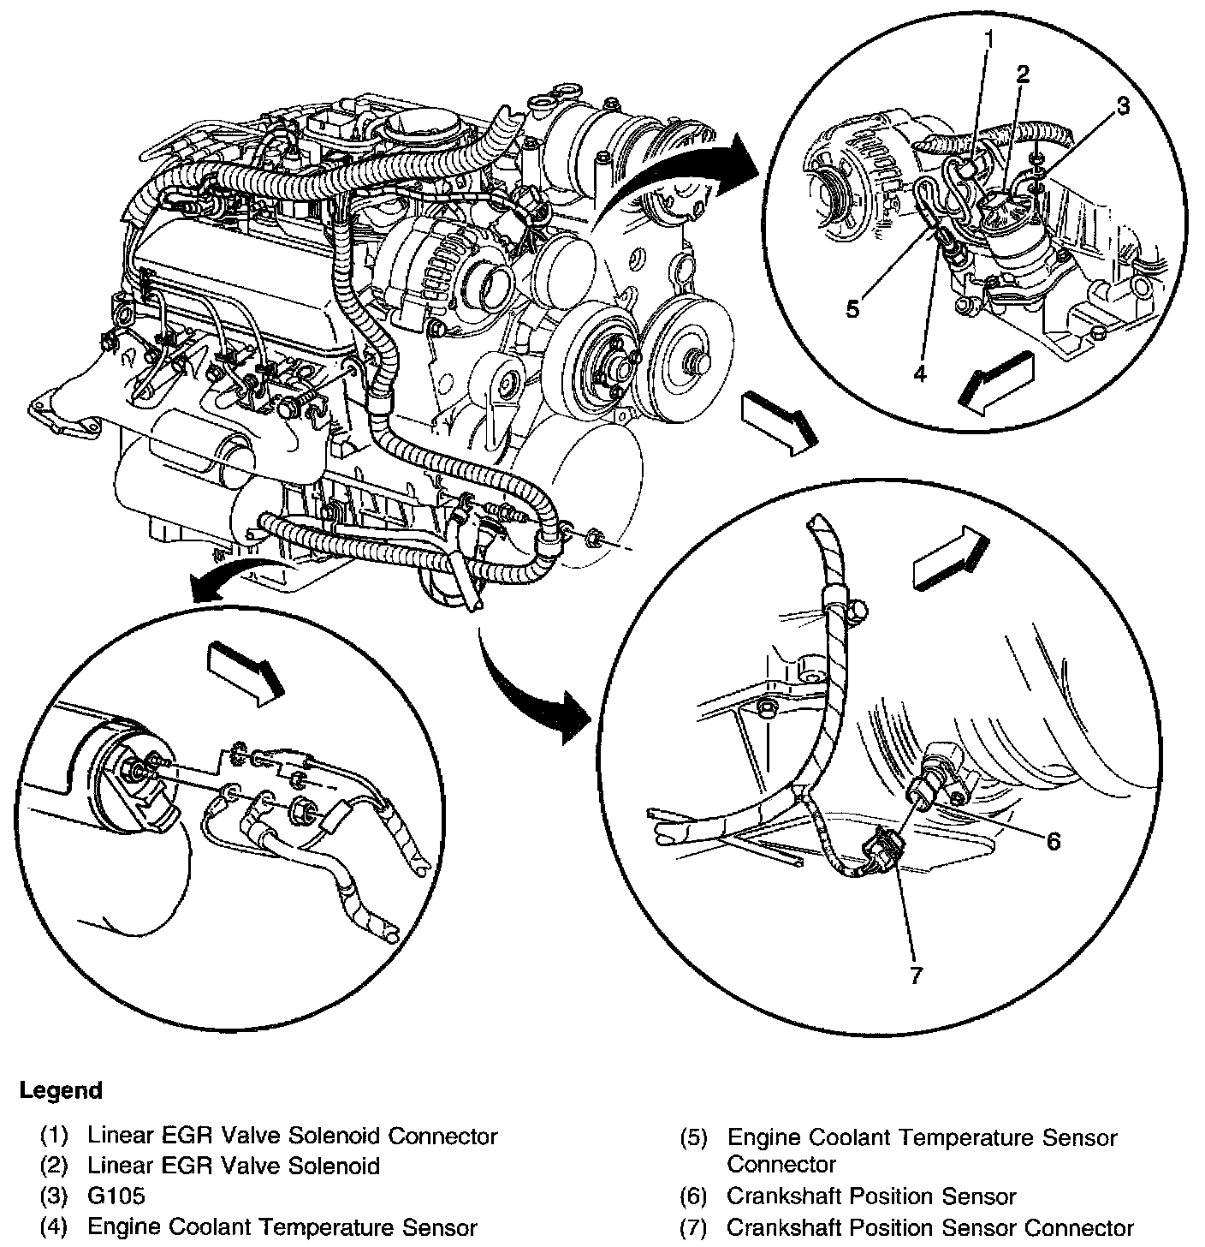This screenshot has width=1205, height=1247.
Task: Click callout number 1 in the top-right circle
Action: click(988, 39)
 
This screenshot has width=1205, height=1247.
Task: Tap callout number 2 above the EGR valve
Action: click(1022, 74)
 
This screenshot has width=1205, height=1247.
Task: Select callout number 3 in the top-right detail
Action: click(1121, 106)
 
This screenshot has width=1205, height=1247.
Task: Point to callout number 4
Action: click(919, 373)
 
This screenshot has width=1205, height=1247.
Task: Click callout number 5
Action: click(852, 308)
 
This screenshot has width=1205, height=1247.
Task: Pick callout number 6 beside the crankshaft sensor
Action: click(1053, 842)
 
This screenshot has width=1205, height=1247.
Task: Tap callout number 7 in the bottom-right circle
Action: click(916, 976)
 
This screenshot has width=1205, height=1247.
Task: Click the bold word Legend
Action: click(61, 1090)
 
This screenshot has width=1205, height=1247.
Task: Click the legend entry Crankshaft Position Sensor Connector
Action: click(929, 1227)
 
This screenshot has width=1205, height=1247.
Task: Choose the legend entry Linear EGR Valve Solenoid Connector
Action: click(292, 1137)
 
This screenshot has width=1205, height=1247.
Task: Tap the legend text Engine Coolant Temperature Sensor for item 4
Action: click(282, 1227)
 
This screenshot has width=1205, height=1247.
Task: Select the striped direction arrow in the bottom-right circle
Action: click(950, 559)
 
